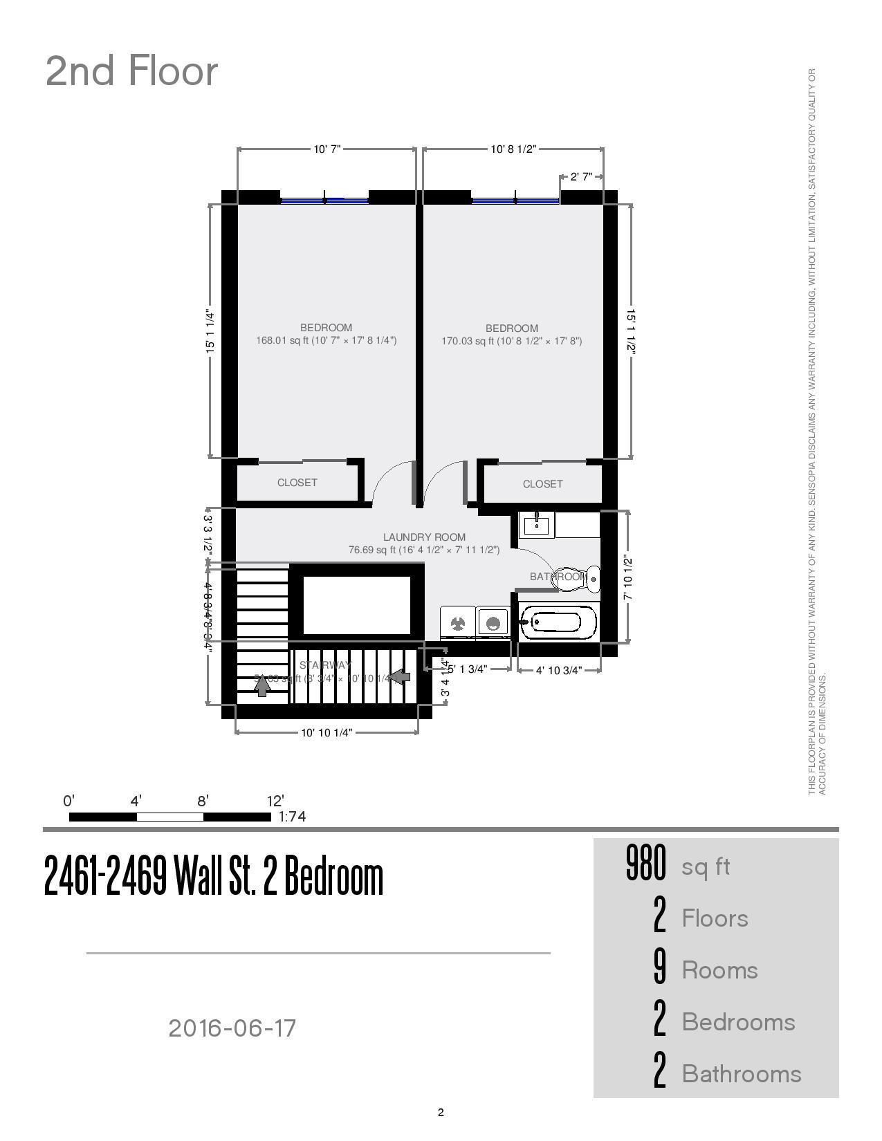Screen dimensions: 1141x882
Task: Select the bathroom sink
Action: click(x=537, y=524)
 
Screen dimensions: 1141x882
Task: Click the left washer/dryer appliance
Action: click(x=458, y=623)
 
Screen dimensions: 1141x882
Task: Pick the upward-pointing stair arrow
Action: click(x=262, y=685)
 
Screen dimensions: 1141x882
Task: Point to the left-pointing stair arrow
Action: click(x=400, y=676)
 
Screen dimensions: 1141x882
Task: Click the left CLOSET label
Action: click(x=297, y=483)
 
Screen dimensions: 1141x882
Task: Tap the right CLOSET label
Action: click(x=542, y=484)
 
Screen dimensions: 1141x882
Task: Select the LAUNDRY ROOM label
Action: click(x=424, y=537)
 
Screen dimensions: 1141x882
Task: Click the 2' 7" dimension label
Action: click(x=581, y=176)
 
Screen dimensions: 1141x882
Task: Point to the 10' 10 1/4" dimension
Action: click(x=327, y=733)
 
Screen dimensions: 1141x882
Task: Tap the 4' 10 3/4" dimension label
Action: click(x=558, y=670)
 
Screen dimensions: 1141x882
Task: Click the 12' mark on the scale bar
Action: click(x=275, y=801)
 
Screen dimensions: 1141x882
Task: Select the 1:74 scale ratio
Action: click(x=292, y=817)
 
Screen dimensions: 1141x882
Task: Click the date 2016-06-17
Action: click(x=232, y=1028)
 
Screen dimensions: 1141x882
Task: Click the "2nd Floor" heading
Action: click(x=131, y=71)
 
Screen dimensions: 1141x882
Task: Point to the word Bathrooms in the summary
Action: click(x=742, y=1074)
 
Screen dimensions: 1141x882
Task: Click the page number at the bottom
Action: click(x=441, y=1113)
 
